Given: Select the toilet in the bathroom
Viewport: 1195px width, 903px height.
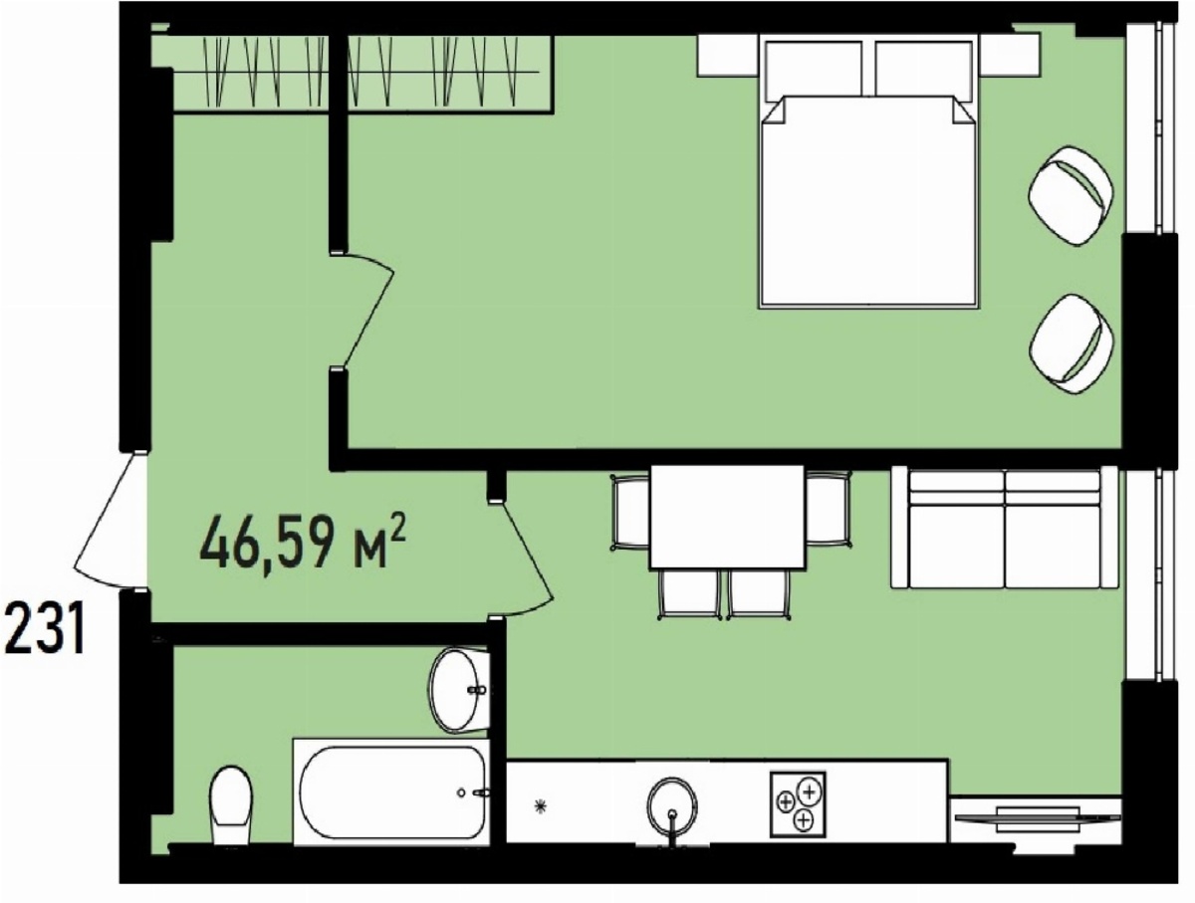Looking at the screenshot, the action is click(x=231, y=805).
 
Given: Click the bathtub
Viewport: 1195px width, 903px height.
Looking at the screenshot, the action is click(x=391, y=791).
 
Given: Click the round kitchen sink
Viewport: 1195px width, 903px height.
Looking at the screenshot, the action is click(x=672, y=805).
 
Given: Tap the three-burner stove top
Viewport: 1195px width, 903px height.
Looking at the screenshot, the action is click(x=798, y=805).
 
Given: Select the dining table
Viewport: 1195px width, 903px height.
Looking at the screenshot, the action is click(x=728, y=517).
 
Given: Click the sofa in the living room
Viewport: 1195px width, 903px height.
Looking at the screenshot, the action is click(x=1005, y=529).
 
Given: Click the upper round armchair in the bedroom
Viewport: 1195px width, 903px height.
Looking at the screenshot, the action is click(x=1071, y=195).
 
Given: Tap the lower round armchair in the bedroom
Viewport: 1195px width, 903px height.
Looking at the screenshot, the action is click(x=1071, y=343).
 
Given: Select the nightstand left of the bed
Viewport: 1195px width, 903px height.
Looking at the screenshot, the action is click(x=728, y=56).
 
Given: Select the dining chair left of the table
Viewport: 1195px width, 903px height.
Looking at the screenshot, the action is click(x=631, y=512).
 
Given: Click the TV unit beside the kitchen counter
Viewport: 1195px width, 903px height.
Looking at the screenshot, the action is click(x=1036, y=819).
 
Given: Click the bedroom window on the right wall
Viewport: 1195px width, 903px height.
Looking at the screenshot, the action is click(x=1150, y=127).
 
